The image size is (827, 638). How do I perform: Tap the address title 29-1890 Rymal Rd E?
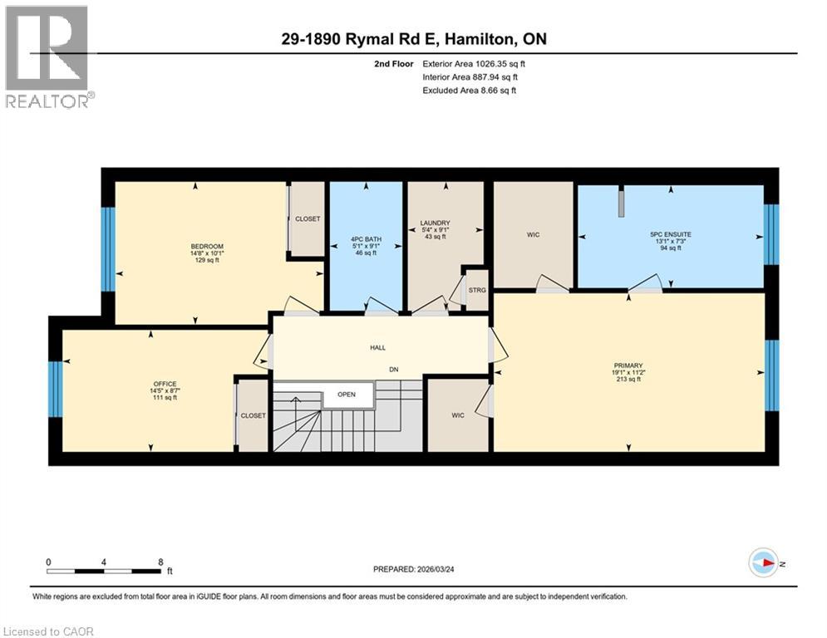412,39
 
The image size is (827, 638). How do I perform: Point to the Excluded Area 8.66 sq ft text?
470,91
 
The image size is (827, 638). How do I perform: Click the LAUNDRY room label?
435,223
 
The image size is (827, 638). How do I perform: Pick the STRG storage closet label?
476,290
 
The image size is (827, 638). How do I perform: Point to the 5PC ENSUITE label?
670,234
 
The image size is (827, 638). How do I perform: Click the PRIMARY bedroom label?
628,365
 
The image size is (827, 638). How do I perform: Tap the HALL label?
377,348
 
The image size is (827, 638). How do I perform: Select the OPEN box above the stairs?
347,395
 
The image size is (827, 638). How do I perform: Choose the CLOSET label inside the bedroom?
308,218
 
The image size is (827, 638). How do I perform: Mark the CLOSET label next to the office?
254,415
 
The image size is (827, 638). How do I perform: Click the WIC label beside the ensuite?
533,235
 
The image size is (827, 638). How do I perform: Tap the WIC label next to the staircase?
457,415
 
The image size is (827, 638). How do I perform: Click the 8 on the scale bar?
160,562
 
